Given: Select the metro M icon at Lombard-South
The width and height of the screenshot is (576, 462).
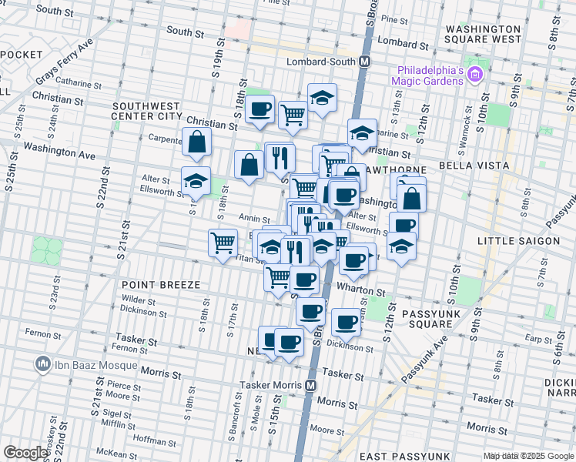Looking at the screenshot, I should tap(366, 62).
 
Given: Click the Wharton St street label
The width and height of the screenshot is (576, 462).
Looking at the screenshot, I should tap(361, 292).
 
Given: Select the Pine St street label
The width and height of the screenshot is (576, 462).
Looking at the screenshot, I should tap(393, 18).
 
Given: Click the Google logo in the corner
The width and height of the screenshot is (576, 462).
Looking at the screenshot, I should tap(25, 453).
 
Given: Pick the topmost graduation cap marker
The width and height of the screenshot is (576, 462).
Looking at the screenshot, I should tap(323, 97).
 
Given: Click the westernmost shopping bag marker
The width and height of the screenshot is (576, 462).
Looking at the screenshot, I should tap(197, 142).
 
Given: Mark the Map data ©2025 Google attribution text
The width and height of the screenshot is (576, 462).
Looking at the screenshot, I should tap(528, 457).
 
